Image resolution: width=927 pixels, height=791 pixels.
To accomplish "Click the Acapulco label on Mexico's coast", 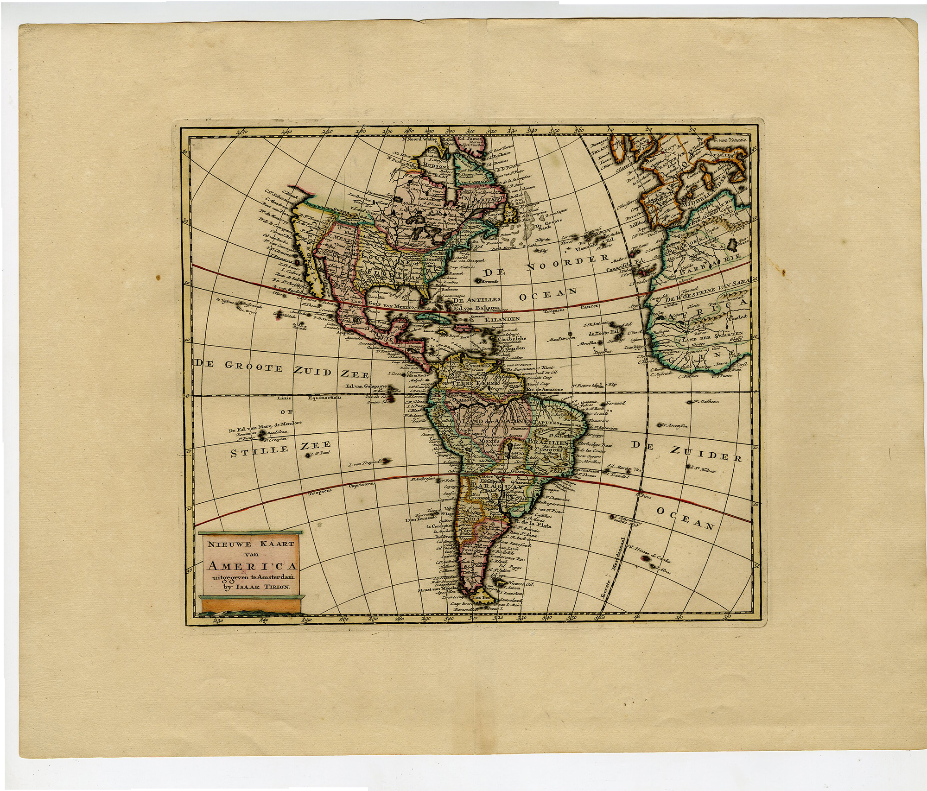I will pyautogui.click(x=346, y=332).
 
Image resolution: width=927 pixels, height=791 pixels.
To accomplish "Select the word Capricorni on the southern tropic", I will pyautogui.click(x=362, y=484).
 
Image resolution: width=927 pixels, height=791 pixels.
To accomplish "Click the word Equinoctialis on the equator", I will pyautogui.click(x=324, y=398).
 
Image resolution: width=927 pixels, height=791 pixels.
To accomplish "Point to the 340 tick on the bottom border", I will pyautogui.click(x=546, y=617).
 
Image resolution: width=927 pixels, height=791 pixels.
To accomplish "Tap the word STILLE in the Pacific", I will pyautogui.click(x=260, y=451).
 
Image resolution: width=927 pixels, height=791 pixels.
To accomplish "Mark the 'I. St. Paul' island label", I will pyautogui.click(x=320, y=453).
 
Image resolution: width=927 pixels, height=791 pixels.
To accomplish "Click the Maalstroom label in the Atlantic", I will pyautogui.click(x=562, y=339).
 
